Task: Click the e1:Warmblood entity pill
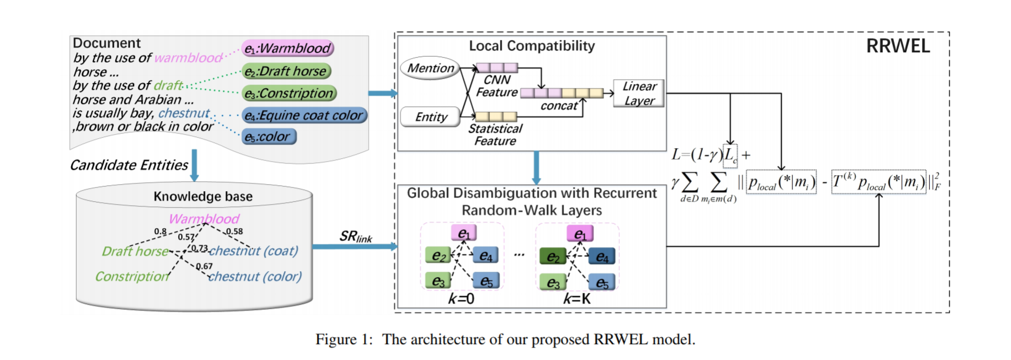click(288, 48)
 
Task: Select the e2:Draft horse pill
click(286, 71)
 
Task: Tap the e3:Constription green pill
click(289, 94)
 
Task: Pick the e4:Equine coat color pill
click(305, 115)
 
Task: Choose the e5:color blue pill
click(269, 137)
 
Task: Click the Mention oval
click(431, 68)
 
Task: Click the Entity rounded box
click(431, 117)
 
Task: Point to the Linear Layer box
click(639, 94)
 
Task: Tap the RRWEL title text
click(897, 46)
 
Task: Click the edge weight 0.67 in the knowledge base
click(204, 266)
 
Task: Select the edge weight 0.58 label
click(234, 231)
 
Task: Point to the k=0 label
click(461, 299)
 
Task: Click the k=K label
click(576, 299)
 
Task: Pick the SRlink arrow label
click(355, 236)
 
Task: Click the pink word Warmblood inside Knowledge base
click(203, 219)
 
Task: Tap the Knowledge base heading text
click(203, 196)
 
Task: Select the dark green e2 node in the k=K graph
click(552, 256)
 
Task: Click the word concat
click(559, 106)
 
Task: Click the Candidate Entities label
click(129, 165)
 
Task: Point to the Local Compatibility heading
click(532, 46)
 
